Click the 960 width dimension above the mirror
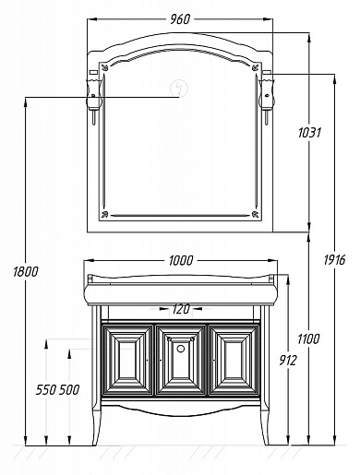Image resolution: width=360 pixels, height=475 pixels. (180, 19)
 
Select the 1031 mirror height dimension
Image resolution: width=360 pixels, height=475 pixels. (309, 133)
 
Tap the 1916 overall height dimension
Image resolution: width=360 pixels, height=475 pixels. (334, 260)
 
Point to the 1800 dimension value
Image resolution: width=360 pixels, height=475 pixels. (26, 271)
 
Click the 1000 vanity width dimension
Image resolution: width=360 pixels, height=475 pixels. (181, 261)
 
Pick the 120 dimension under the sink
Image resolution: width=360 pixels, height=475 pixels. (181, 309)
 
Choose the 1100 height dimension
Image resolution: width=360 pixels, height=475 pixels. (308, 339)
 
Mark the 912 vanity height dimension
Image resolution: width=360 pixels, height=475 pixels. (288, 360)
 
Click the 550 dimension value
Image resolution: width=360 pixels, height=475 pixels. (46, 390)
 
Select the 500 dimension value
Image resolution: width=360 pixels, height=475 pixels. (69, 390)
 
